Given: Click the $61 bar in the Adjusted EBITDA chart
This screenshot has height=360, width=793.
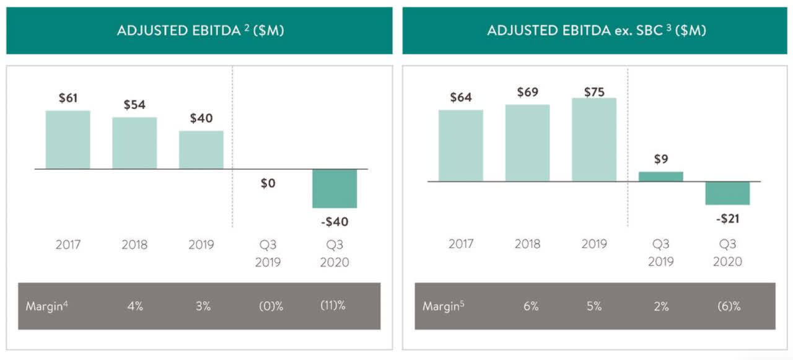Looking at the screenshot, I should point(68,139).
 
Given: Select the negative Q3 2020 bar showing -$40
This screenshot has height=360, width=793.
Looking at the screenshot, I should point(335,188).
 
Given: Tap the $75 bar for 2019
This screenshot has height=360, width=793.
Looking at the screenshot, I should point(594,139).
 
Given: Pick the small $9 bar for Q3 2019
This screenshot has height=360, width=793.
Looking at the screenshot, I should point(660,177).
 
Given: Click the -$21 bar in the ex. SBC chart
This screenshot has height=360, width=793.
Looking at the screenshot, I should point(727,193).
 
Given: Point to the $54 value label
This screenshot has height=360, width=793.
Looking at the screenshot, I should point(134,105).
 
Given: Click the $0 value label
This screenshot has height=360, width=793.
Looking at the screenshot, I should point(268,183).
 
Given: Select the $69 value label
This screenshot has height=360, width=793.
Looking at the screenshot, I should point(527,92).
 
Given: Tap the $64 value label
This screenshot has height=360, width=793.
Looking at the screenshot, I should point(460,97).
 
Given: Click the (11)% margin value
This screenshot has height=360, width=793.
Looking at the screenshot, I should point(333,305).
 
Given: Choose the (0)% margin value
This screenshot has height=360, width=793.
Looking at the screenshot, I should point(270,306).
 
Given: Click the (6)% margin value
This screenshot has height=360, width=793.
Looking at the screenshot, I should point(727,306).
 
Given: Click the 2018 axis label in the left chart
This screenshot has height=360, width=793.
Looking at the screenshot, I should point(134,244).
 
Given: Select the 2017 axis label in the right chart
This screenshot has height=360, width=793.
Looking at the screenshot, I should point(460,244).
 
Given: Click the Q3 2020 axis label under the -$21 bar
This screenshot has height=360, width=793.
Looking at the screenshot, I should point(727,252).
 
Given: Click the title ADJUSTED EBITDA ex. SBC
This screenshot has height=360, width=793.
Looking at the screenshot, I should point(596,30).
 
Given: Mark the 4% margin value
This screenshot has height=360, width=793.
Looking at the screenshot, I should point(134,306).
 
